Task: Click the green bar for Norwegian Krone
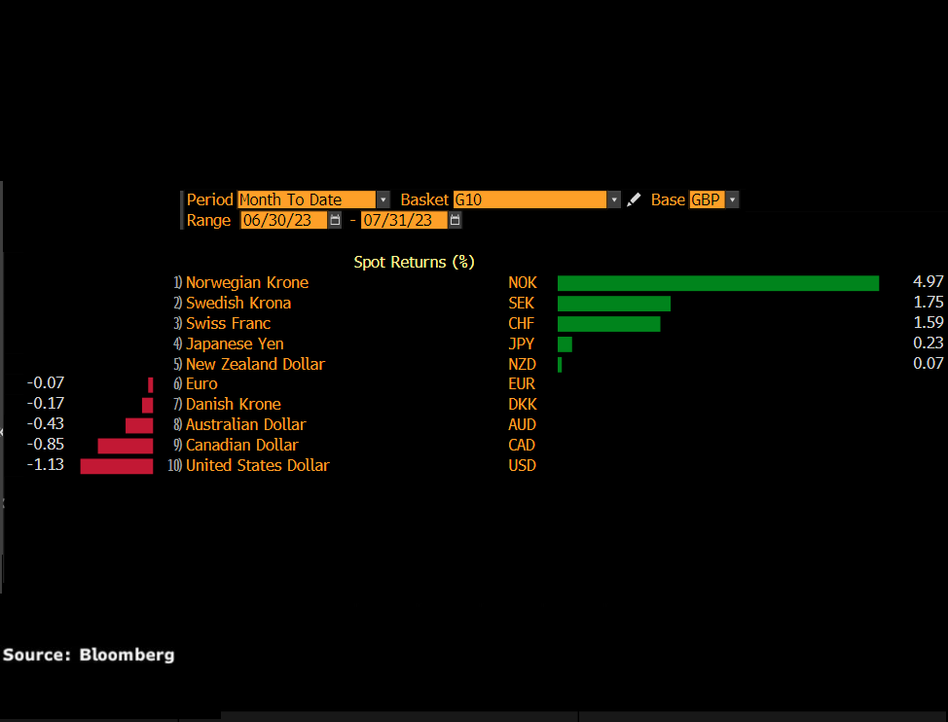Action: pos(717,283)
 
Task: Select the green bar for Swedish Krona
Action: pos(614,304)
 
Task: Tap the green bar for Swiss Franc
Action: pos(608,324)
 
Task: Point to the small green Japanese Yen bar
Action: pos(565,344)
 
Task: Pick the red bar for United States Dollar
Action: pos(117,466)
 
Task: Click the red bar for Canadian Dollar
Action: pos(126,446)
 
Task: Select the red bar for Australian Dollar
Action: pos(139,425)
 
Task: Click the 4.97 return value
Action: pos(928,282)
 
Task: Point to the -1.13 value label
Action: pos(46,465)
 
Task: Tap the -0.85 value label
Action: pos(46,445)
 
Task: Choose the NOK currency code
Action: pos(522,283)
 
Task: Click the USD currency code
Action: pos(522,466)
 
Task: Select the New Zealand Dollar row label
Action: pos(255,364)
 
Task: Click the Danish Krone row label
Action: pos(233,405)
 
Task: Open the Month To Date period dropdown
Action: pos(313,199)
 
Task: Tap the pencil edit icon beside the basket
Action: pos(634,199)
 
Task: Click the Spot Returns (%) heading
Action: pos(414,262)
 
